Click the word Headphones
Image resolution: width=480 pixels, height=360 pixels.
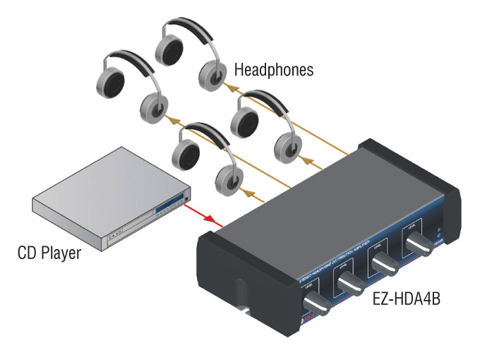pyautogui.click(x=273, y=71)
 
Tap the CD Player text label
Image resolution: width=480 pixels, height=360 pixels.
pyautogui.click(x=49, y=253)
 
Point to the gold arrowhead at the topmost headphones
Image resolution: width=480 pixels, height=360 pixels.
pyautogui.click(x=227, y=89)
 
